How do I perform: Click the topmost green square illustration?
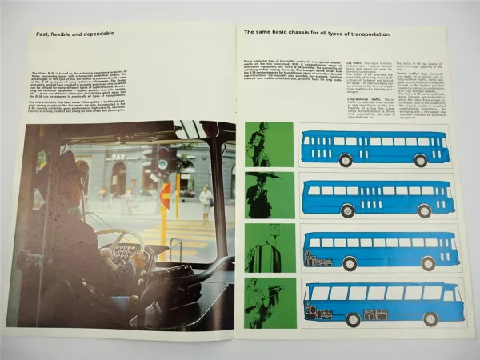click(270, 145)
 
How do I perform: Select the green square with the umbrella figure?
click(270, 196)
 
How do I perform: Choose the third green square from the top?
click(270, 248)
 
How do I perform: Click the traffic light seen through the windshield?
click(162, 158)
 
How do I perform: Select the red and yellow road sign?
click(166, 196)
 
